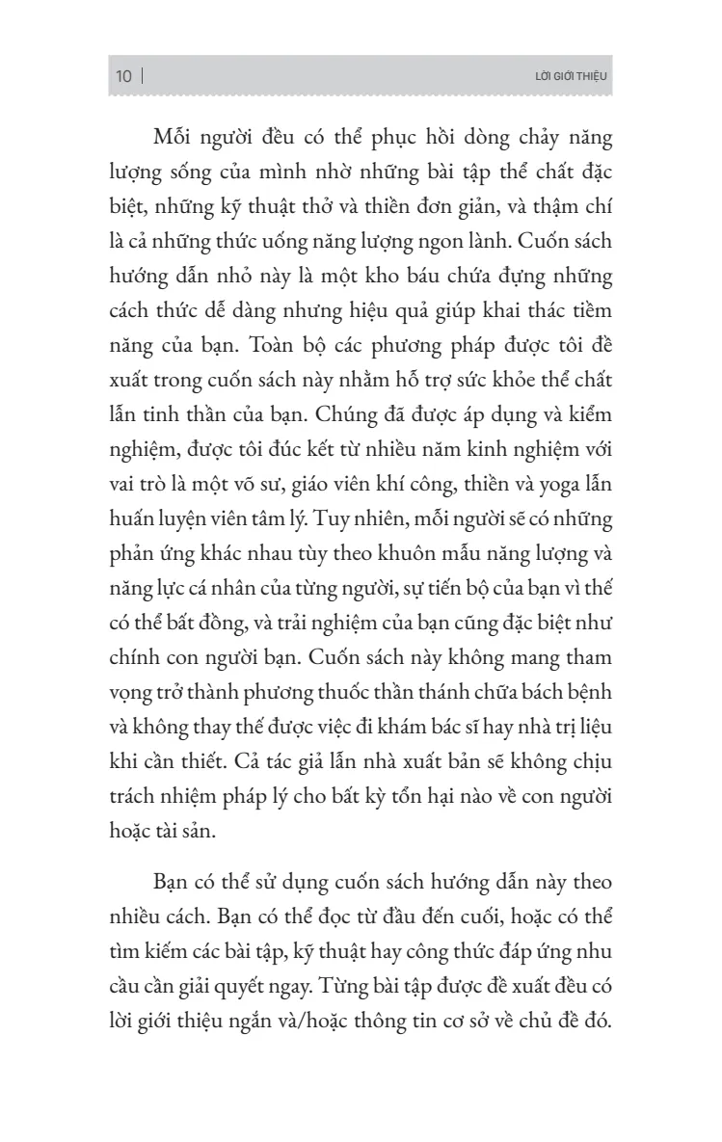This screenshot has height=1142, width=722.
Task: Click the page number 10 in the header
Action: click(123, 76)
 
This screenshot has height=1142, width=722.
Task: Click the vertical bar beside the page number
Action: click(143, 76)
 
